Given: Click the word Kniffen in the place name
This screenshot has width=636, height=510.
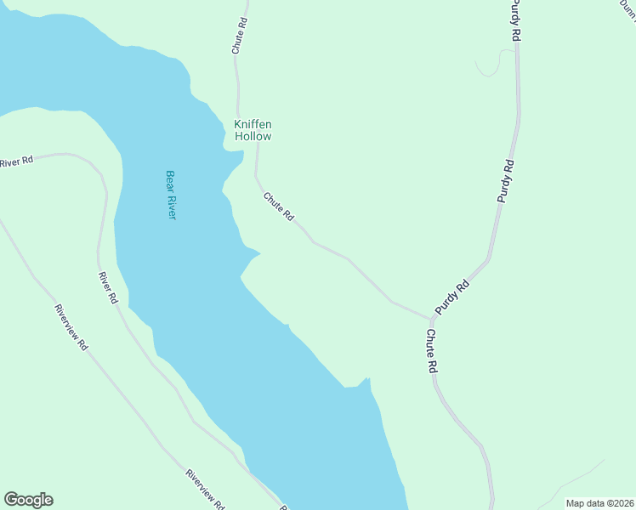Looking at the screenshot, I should (x=253, y=124).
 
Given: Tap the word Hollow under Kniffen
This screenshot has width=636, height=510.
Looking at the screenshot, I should (x=253, y=136).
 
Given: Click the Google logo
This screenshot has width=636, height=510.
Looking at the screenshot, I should (x=28, y=500).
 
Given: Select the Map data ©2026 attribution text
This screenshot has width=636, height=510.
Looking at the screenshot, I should (x=599, y=503).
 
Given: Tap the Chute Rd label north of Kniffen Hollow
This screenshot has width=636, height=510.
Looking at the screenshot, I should (x=241, y=36).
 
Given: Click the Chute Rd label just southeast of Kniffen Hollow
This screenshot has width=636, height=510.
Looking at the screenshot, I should (x=278, y=207).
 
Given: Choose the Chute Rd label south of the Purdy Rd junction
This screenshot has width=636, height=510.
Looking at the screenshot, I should (x=432, y=351).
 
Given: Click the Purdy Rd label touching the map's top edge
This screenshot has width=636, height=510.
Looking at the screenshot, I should (x=514, y=20).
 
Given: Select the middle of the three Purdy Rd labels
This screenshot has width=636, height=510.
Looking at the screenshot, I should (x=506, y=179).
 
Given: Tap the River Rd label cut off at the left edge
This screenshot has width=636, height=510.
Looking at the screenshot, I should (x=16, y=161).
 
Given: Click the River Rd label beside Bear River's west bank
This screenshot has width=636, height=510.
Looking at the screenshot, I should (x=106, y=288).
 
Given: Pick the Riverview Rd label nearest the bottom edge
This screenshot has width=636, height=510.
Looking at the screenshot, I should (x=205, y=490).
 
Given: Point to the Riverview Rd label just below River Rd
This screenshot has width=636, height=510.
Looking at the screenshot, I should (x=71, y=327).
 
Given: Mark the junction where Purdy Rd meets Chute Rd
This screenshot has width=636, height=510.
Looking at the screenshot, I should (x=430, y=319).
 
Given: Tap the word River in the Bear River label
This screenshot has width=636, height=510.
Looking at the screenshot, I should (x=171, y=206).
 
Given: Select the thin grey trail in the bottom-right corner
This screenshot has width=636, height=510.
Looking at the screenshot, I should (x=578, y=480).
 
